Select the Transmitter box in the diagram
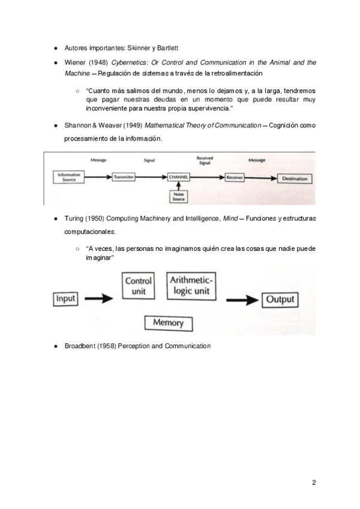coord(124,178)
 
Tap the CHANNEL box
coord(179,178)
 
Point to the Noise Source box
coord(179,196)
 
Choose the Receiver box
coord(234,178)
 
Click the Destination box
coord(295,178)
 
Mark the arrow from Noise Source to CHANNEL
coord(179,186)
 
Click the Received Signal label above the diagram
coord(205,160)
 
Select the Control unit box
coord(139,286)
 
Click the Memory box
coord(169,322)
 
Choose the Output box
coord(280,299)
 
